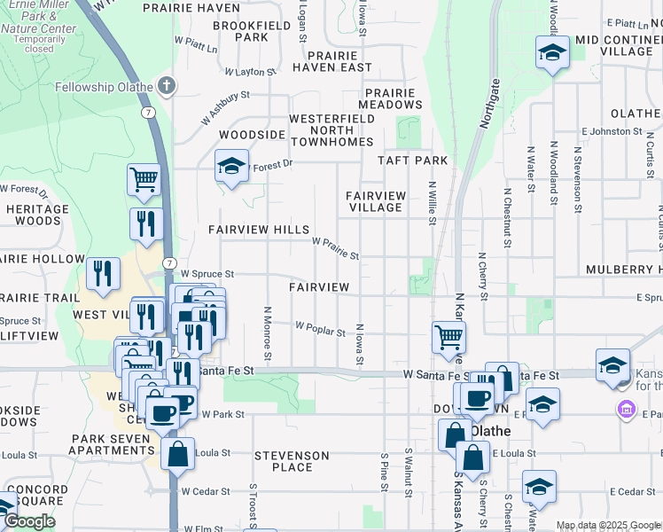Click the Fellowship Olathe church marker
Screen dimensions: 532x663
(x=166, y=86)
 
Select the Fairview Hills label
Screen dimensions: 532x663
(x=258, y=229)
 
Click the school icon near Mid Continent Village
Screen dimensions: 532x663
(x=552, y=52)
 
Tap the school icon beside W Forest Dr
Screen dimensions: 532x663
(x=231, y=165)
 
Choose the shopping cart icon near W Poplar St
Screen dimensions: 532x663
(x=449, y=337)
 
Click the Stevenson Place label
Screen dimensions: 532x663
(x=292, y=461)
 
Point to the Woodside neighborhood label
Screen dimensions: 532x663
(x=252, y=135)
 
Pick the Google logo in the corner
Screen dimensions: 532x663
(x=28, y=521)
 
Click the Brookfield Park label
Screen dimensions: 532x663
(x=253, y=32)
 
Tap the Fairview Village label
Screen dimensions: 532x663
(x=375, y=201)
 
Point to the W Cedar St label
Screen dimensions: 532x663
(x=206, y=490)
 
